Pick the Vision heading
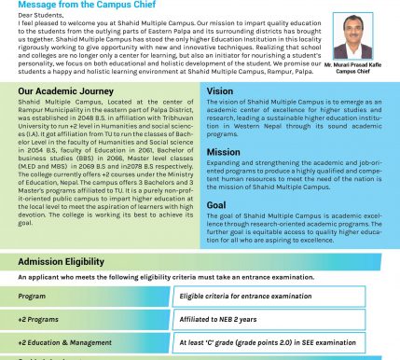(220, 91)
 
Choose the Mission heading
(223, 151)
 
